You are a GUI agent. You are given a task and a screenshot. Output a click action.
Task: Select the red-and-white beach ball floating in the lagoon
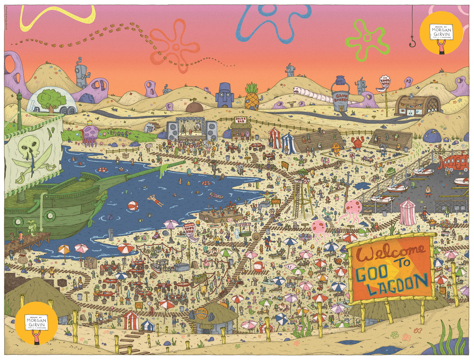[133, 206]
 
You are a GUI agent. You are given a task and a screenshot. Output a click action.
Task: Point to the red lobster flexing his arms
[358, 142]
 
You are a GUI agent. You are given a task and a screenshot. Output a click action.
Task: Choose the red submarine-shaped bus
[454, 162]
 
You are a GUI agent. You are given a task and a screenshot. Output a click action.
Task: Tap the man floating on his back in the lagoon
[155, 200]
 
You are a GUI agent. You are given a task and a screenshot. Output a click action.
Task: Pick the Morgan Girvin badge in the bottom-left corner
[37, 323]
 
